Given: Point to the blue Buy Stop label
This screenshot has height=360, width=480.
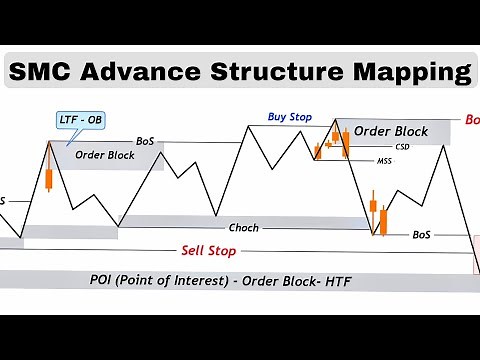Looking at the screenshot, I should (290, 117).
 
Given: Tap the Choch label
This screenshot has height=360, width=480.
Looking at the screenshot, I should (243, 228).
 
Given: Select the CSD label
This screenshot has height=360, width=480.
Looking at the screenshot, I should (402, 146).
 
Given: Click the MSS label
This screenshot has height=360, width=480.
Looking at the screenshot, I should (384, 160).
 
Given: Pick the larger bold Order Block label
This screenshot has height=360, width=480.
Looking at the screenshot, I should (391, 131).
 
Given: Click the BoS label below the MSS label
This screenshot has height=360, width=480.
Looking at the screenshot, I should (422, 234).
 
